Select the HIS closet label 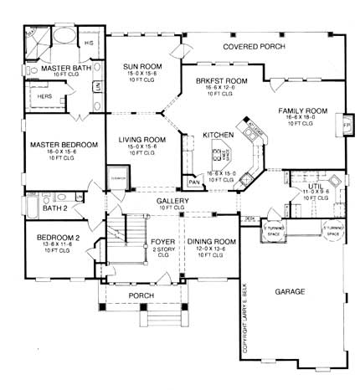[x=90, y=41]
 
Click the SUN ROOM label [x=141, y=65]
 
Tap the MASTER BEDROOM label [x=63, y=145]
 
